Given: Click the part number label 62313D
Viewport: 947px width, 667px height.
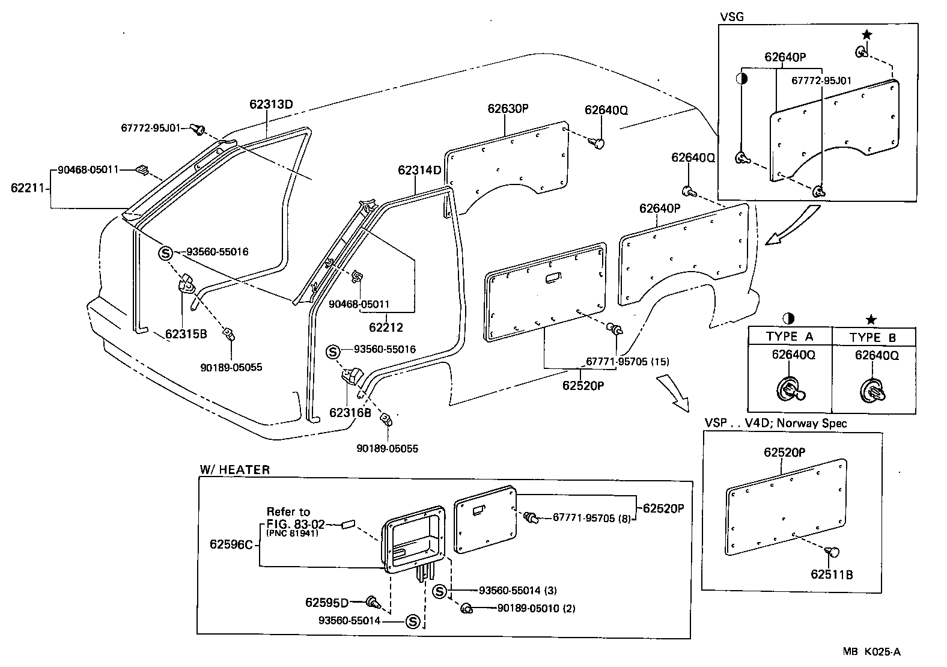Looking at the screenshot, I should click(271, 104).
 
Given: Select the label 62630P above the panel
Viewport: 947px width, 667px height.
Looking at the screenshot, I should click(507, 109).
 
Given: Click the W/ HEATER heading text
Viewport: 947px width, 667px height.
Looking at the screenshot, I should click(234, 470).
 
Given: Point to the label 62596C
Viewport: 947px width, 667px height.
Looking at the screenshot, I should click(231, 544).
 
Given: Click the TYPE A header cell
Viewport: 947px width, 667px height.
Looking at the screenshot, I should click(789, 337).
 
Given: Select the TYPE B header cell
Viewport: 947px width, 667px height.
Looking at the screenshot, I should click(873, 337).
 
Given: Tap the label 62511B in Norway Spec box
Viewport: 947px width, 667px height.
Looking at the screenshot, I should click(832, 574).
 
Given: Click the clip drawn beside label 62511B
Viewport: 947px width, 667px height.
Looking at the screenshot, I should click(833, 551).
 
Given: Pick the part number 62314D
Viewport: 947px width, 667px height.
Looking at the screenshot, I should click(419, 170).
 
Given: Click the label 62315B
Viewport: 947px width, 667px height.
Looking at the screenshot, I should click(186, 334).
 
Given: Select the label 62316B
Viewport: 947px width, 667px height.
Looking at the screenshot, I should click(350, 413).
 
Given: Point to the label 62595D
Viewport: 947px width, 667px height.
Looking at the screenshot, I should click(326, 602).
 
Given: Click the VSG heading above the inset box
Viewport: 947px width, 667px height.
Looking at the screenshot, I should click(731, 17).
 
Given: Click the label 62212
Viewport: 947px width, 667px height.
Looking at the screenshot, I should click(386, 327).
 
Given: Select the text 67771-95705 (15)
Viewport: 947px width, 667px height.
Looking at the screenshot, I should click(627, 362).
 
